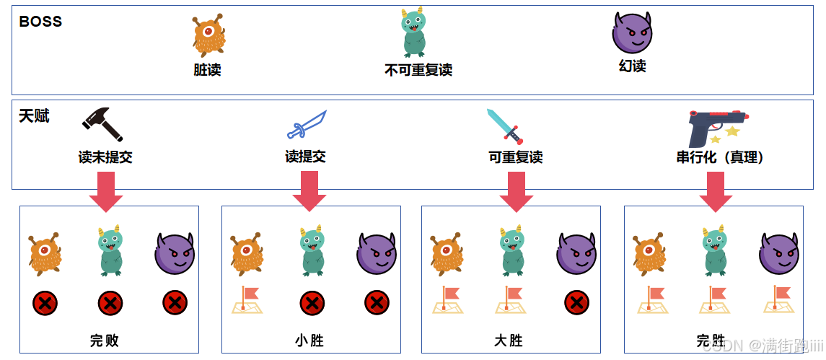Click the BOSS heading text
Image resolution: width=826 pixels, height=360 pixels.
pyautogui.click(x=40, y=22)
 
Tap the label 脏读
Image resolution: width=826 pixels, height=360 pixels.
pyautogui.click(x=207, y=70)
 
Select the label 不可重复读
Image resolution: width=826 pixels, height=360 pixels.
pyautogui.click(x=418, y=70)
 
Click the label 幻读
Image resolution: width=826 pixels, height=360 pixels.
pyautogui.click(x=632, y=66)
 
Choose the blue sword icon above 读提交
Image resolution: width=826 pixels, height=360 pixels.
pyautogui.click(x=307, y=124)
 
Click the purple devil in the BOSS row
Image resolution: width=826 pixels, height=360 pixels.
pyautogui.click(x=632, y=32)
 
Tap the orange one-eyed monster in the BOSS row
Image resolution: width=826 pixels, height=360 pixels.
pyautogui.click(x=208, y=36)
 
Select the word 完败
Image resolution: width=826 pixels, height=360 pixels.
pyautogui.click(x=105, y=341)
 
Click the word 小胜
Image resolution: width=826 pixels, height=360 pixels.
pyautogui.click(x=309, y=341)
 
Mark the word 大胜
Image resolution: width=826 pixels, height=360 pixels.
pyautogui.click(x=509, y=341)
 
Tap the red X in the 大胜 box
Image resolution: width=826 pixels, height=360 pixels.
pyautogui.click(x=576, y=302)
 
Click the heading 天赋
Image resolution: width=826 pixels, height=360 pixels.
pyautogui.click(x=34, y=115)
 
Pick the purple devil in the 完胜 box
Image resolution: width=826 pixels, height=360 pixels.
pyautogui.click(x=779, y=253)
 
